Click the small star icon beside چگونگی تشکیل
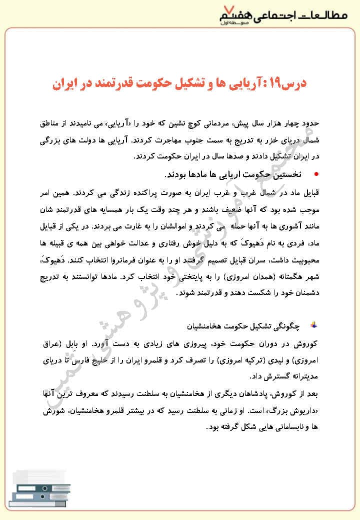tap(313, 326)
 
